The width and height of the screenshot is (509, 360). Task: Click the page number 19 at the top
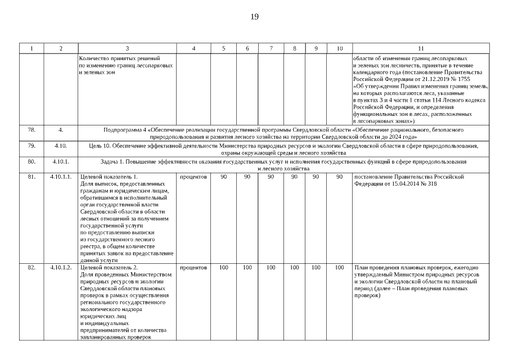coord(254,16)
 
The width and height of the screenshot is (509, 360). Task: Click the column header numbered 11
coord(421,48)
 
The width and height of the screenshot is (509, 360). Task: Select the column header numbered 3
coord(127,48)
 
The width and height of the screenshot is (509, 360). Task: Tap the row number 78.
coord(31,129)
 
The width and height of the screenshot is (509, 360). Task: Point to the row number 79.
coord(31,146)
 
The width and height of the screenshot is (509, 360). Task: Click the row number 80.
coord(31,162)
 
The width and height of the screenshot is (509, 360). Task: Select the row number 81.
coord(31,177)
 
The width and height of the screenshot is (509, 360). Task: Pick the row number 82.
coord(31,267)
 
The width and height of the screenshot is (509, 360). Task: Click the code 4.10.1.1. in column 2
coord(61,177)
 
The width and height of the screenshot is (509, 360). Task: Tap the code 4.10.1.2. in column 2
coord(61,267)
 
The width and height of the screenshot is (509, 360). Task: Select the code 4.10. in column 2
coord(61,146)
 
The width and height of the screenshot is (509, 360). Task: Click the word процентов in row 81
coord(193,177)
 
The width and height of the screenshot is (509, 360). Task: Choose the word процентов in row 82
coord(193,267)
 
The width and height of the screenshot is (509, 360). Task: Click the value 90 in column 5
coord(223,177)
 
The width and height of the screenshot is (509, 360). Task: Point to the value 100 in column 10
coord(339,267)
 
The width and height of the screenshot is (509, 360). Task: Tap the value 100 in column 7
coord(271,267)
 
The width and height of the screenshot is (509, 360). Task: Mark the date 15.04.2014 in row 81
coord(400,183)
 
